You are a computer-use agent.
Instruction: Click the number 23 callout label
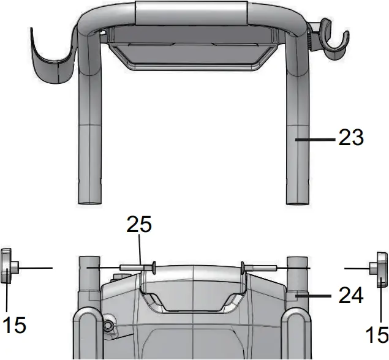click(351, 138)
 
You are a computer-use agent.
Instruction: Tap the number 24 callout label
click(351, 295)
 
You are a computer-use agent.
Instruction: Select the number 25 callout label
click(139, 225)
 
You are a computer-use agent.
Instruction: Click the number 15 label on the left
click(13, 324)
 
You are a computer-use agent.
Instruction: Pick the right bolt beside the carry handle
click(260, 267)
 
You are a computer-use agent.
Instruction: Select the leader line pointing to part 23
click(315, 140)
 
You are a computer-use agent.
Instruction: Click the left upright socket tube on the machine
click(89, 276)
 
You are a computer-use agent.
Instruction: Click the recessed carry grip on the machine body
click(193, 300)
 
